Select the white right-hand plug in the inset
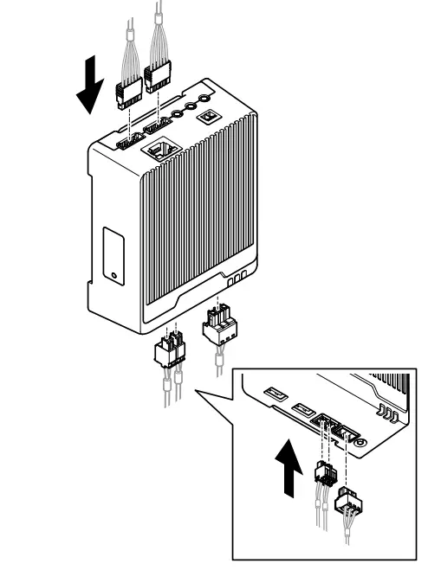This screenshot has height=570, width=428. tap(349, 499)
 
